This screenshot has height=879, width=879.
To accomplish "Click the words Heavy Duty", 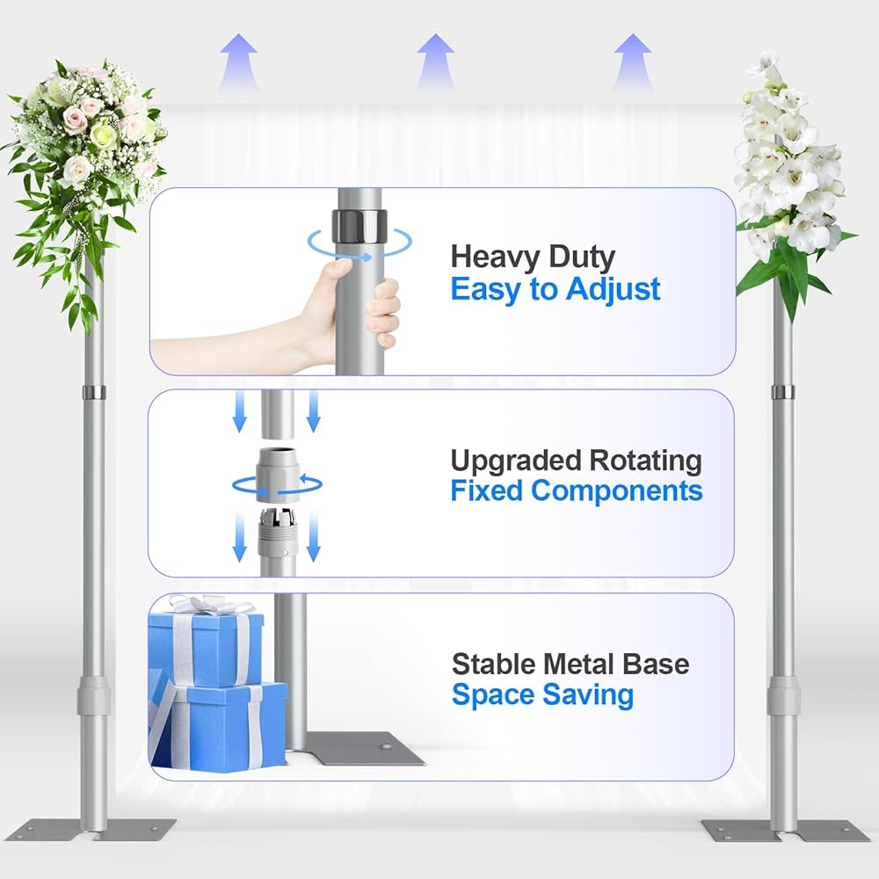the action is click(x=533, y=258).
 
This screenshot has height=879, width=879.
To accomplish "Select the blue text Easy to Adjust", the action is click(x=556, y=289).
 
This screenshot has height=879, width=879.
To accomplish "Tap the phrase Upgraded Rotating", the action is click(x=576, y=461).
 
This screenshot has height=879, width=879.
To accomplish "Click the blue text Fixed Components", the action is click(x=577, y=490).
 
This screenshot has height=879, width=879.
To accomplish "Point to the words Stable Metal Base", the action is click(x=570, y=665).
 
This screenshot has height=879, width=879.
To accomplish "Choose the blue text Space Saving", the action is click(x=542, y=695).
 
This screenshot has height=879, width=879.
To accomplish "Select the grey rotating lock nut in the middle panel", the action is click(x=277, y=475).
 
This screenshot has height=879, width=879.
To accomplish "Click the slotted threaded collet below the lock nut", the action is click(x=277, y=533).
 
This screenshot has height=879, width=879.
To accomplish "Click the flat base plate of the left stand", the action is click(x=91, y=830).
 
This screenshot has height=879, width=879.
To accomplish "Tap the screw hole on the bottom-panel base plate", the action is click(x=385, y=746).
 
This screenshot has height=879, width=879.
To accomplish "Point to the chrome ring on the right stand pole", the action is click(x=782, y=392).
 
